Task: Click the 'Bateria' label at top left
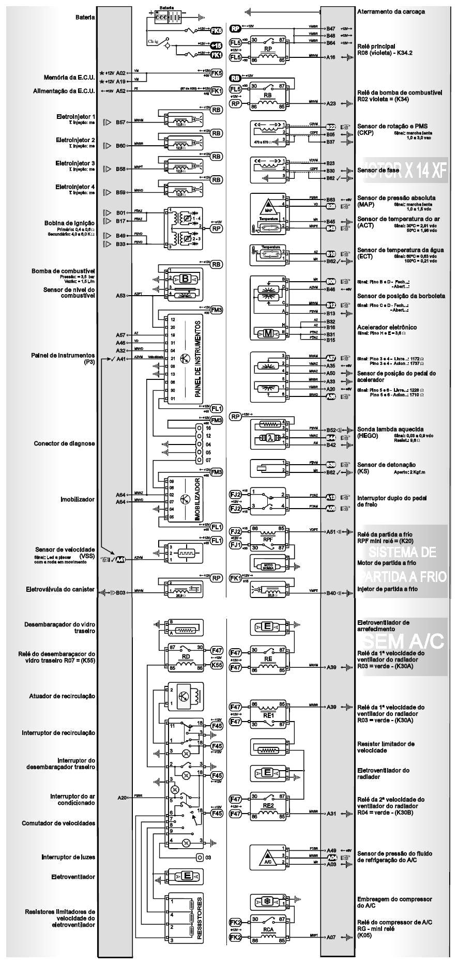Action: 85,17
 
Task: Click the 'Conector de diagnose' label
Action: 64,443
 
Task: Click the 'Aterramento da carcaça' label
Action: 391,11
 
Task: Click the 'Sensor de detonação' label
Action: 386,465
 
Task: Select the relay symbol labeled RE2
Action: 268,806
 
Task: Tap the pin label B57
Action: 121,122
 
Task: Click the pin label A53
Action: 121,296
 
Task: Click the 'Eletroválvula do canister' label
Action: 60,589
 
